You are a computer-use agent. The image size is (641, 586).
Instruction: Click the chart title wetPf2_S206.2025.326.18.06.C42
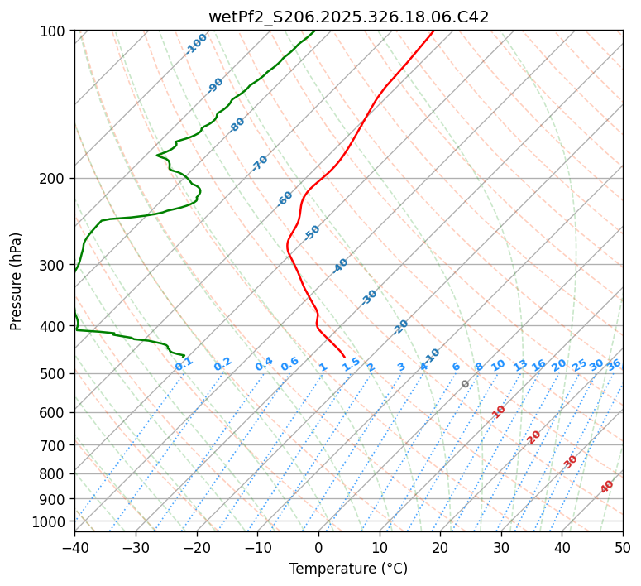pos(348,17)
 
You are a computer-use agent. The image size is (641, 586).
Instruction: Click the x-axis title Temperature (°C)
pos(348,569)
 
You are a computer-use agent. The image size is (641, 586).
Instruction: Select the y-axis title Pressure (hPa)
pos(16,281)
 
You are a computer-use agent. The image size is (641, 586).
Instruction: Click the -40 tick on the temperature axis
pos(74,547)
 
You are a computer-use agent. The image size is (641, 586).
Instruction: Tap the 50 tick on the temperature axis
pos(623,547)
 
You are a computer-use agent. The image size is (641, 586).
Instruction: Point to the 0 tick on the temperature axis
pos(318,547)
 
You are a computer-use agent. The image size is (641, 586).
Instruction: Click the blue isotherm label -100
pos(196,44)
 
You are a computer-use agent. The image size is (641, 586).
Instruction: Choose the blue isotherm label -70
pos(260,163)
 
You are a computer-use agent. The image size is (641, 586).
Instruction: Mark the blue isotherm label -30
pos(369,297)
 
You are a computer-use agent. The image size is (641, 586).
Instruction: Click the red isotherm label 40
pos(607,487)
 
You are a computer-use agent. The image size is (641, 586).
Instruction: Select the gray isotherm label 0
pos(465,384)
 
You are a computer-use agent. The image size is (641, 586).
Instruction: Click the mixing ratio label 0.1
pos(184,363)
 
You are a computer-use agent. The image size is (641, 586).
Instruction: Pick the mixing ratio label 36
pos(614,364)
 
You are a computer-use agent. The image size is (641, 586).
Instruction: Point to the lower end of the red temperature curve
pos(344,357)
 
